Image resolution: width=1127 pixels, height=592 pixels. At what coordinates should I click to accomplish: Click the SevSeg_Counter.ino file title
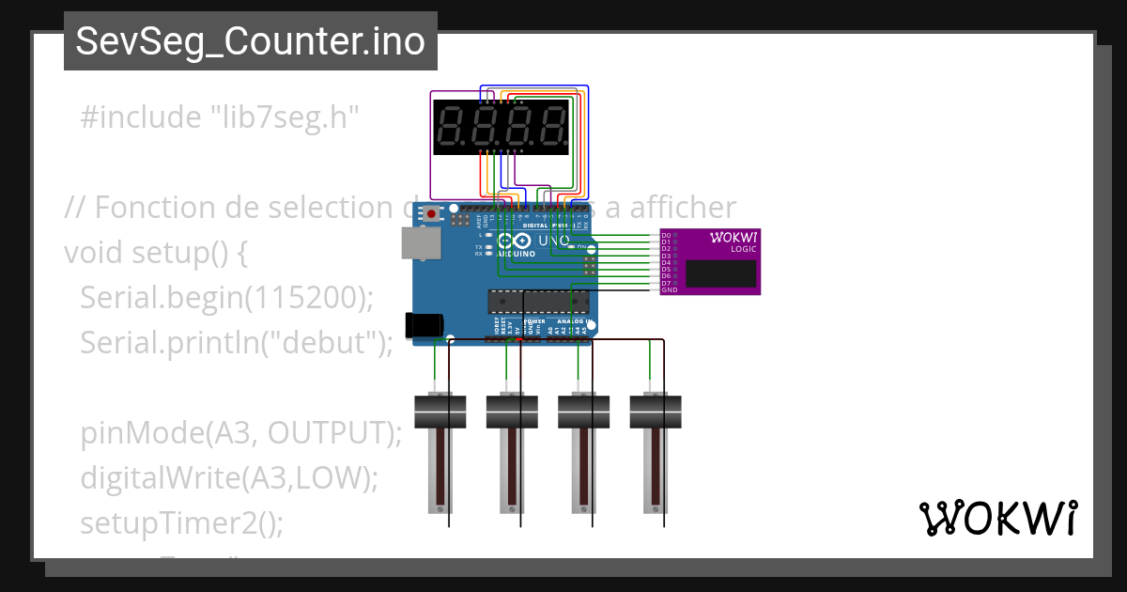[x=250, y=41]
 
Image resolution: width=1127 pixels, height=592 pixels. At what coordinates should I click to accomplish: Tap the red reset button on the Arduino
[x=431, y=214]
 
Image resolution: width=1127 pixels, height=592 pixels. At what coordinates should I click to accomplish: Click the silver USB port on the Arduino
[x=420, y=242]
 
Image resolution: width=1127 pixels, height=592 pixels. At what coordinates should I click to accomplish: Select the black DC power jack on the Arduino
[x=423, y=324]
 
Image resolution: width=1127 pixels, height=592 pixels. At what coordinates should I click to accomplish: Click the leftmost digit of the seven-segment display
[x=452, y=127]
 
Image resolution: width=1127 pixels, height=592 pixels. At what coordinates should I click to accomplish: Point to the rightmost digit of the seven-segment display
[x=551, y=127]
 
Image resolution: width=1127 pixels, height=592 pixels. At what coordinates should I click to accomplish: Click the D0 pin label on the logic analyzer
[x=666, y=235]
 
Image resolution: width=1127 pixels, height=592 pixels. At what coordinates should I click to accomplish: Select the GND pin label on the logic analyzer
[x=669, y=290]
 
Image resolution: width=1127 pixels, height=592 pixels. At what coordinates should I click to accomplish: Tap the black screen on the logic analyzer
[x=720, y=273]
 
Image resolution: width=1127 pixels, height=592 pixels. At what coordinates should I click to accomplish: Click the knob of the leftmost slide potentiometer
[x=440, y=412]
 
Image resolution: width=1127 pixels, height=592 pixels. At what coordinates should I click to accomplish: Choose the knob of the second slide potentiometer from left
[x=512, y=412]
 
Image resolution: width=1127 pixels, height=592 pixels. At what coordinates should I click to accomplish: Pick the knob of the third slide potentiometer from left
[x=584, y=412]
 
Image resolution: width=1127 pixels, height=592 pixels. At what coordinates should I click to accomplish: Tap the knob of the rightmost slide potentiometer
[x=656, y=412]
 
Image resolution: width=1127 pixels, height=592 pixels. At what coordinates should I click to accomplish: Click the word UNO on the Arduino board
[x=553, y=241]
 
